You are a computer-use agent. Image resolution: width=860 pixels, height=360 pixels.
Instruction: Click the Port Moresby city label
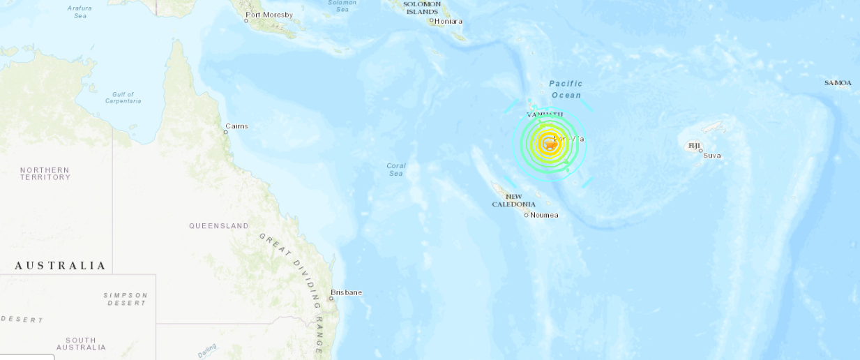(x=270, y=15)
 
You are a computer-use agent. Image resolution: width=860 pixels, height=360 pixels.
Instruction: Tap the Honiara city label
(x=448, y=21)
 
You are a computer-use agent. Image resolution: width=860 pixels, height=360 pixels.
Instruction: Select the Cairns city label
(x=238, y=126)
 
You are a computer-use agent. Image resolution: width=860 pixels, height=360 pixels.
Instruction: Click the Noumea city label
(x=544, y=215)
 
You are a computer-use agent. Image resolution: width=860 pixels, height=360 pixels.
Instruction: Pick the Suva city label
(x=712, y=155)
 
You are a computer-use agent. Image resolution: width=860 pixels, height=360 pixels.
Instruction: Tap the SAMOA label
(x=838, y=83)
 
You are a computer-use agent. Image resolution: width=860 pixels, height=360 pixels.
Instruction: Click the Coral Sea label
(x=396, y=170)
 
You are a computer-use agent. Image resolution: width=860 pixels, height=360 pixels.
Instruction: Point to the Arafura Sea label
(x=80, y=11)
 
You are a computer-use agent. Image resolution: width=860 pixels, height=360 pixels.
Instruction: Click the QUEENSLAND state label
(x=219, y=226)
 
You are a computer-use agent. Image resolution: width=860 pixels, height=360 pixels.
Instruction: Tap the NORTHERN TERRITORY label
(x=45, y=174)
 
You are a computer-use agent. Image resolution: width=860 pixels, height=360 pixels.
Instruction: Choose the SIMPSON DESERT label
(x=126, y=299)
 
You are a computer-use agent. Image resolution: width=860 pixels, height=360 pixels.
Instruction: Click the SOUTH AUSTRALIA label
(x=81, y=344)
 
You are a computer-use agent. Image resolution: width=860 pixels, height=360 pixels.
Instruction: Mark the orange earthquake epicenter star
(x=550, y=144)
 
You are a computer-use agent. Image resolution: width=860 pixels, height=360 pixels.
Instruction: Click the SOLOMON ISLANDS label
(x=423, y=8)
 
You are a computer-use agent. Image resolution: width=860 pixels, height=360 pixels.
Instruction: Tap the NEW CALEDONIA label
(x=514, y=200)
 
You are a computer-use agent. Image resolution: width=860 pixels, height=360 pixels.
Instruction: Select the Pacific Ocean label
(x=566, y=89)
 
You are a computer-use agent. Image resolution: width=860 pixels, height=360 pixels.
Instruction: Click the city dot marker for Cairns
(x=226, y=132)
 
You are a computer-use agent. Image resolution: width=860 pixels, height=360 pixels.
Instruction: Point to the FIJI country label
(x=695, y=146)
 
